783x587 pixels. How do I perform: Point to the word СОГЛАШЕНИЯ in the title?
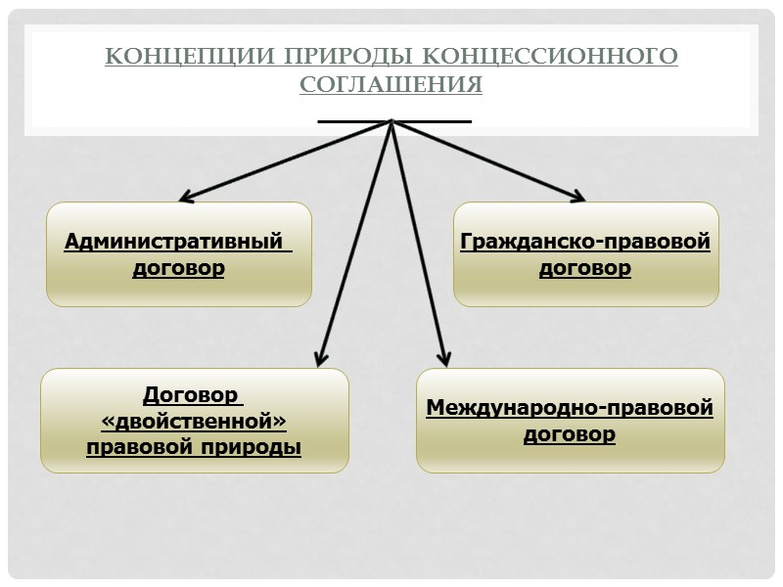point(391,85)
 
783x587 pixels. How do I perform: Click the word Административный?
point(177,242)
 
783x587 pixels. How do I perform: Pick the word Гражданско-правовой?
point(585,242)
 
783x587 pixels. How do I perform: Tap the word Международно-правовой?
point(570,407)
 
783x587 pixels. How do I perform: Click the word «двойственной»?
point(194,422)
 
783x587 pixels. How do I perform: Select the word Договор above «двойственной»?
point(191,395)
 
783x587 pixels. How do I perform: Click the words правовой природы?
point(194,448)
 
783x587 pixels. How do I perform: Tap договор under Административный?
point(178,268)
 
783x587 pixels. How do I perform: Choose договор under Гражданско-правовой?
point(585,268)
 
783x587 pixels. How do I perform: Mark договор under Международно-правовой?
point(570,433)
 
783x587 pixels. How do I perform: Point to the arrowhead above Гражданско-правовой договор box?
point(578,199)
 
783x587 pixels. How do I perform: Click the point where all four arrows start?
point(392,121)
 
